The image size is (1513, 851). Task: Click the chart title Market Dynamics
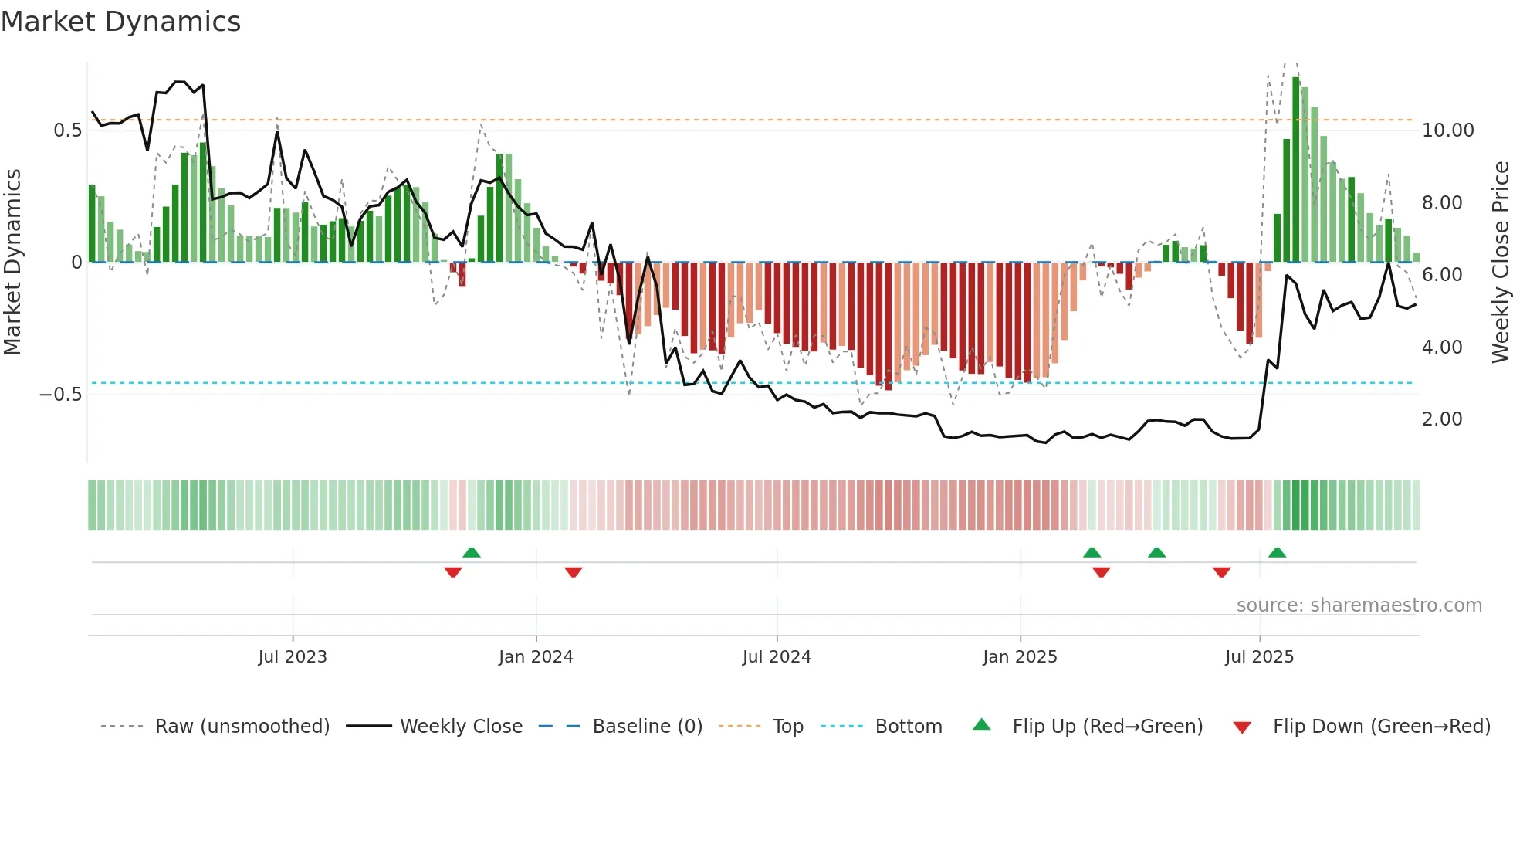pyautogui.click(x=121, y=22)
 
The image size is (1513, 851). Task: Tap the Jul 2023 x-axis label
pyautogui.click(x=293, y=657)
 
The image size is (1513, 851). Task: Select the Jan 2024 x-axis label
pyautogui.click(x=536, y=657)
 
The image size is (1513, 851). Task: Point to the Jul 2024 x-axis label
pyautogui.click(x=777, y=657)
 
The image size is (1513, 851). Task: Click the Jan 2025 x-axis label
pyautogui.click(x=1020, y=657)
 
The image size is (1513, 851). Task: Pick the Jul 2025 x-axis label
pyautogui.click(x=1259, y=657)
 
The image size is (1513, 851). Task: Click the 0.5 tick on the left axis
pyautogui.click(x=68, y=131)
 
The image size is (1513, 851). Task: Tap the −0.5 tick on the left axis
pyautogui.click(x=61, y=395)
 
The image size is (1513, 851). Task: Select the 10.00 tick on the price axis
pyautogui.click(x=1448, y=131)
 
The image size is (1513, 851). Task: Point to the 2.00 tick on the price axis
pyautogui.click(x=1442, y=419)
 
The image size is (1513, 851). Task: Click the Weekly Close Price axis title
pyautogui.click(x=1500, y=262)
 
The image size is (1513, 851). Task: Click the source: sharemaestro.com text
pyautogui.click(x=1359, y=605)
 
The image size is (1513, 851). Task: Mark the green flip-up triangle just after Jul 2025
pyautogui.click(x=1277, y=552)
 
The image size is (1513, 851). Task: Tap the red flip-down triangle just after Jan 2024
pyautogui.click(x=573, y=572)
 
